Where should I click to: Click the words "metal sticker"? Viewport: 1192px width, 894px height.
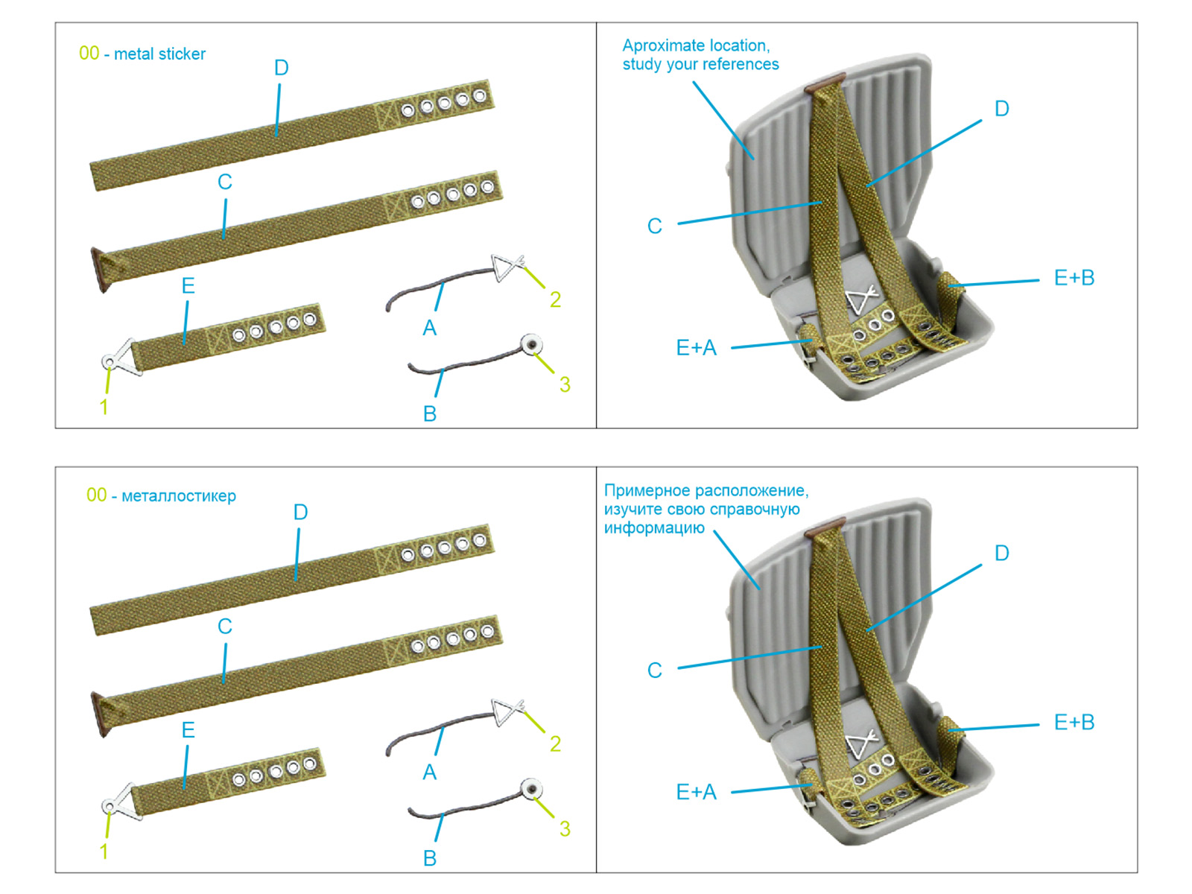(x=159, y=54)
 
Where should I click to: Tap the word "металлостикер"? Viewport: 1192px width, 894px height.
(x=179, y=496)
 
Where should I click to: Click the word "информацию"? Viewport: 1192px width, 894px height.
(x=654, y=528)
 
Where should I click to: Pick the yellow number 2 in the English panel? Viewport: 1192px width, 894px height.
(x=555, y=299)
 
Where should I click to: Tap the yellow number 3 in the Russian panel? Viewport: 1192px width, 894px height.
(x=565, y=828)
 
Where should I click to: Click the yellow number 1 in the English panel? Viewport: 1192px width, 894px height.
(x=104, y=407)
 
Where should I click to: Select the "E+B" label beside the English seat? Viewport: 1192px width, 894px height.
(x=1074, y=278)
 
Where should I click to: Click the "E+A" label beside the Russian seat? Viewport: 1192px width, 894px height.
(x=696, y=792)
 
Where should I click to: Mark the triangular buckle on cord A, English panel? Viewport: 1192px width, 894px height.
(x=507, y=266)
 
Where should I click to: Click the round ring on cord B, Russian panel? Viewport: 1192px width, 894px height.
(x=532, y=790)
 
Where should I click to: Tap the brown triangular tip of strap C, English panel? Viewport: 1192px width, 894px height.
(x=99, y=269)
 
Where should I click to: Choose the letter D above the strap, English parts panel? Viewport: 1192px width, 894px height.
(x=281, y=69)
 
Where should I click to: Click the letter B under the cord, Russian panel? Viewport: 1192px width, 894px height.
(x=430, y=858)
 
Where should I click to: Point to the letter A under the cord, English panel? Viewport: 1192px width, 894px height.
(x=430, y=328)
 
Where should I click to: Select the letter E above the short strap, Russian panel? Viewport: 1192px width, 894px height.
(x=188, y=730)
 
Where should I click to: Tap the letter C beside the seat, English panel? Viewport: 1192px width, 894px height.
(x=654, y=226)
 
